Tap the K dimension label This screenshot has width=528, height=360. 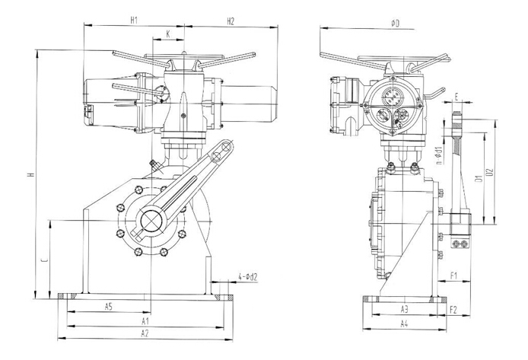point(167,33)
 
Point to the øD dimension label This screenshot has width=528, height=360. point(395,24)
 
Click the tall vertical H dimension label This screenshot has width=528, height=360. point(30,174)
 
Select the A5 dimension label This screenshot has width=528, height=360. point(108,306)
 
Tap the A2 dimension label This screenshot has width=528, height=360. point(145,333)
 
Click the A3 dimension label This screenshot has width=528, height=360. point(405,308)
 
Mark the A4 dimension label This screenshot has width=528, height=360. point(405,323)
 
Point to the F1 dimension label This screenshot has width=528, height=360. point(453,275)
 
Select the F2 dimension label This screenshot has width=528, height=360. point(453,309)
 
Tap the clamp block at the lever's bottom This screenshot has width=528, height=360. point(460,223)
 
